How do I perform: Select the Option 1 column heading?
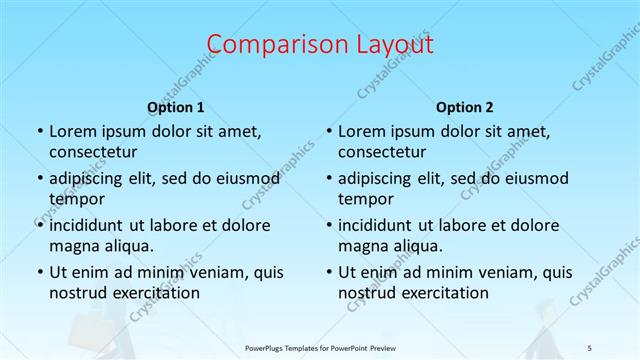pos(176,107)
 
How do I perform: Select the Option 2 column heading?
pos(465,107)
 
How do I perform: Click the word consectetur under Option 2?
pos(382,153)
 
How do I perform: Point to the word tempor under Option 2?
pos(363,199)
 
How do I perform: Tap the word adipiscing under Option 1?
pos(88,179)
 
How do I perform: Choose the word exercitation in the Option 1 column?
pos(157,293)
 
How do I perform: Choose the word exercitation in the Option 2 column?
pos(446,293)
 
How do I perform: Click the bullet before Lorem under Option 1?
pos(39,132)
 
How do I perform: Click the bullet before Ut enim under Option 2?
pos(328,272)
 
